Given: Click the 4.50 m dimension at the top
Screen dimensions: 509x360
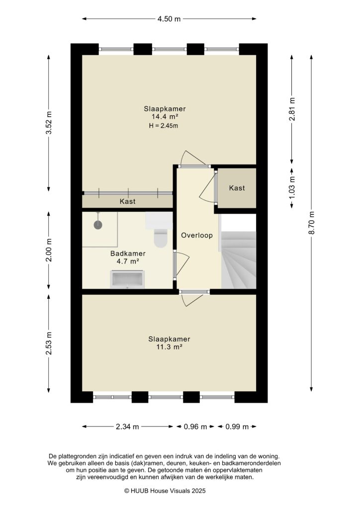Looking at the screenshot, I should pos(169,19).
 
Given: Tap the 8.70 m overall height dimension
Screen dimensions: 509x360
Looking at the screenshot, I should pos(312,224).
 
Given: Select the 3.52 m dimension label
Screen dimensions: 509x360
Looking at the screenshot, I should pos(49,123).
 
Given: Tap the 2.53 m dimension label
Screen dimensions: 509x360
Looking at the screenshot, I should pos(49,343).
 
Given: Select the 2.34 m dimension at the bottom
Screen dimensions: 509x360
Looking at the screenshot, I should pos(128,426).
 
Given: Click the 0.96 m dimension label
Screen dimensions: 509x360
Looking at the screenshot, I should pos(195,426).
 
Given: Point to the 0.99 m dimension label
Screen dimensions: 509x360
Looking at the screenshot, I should pos(237,426).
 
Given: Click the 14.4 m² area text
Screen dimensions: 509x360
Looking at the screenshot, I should pos(165,117).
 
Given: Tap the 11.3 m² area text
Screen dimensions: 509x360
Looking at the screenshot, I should pos(169,347).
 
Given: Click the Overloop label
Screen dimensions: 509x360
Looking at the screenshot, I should pos(197,235).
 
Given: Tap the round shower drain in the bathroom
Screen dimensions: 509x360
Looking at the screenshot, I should pos(98,224).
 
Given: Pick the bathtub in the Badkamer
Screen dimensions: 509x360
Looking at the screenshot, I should pos(128,279).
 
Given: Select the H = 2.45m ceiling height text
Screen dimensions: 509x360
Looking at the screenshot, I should pos(163,126).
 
